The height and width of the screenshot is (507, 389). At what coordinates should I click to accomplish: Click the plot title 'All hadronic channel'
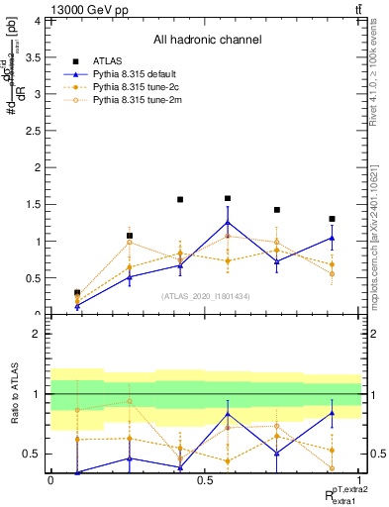(207, 41)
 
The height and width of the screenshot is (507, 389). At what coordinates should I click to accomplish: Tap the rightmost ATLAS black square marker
(332, 219)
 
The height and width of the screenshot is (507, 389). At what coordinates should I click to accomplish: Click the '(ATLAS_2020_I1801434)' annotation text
(206, 296)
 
